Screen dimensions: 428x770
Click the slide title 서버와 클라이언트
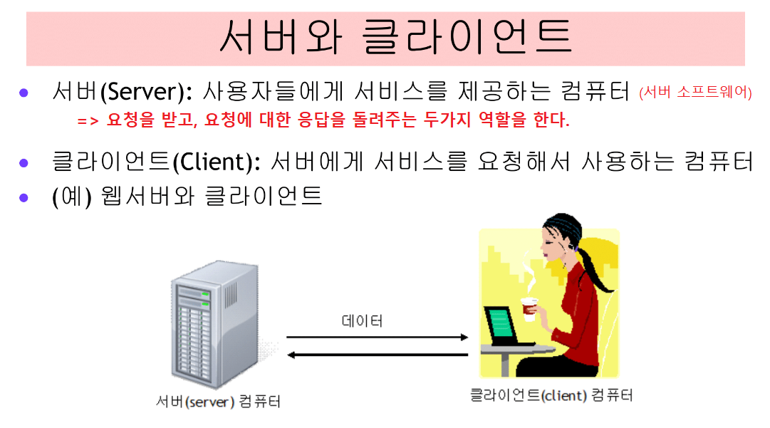(395, 38)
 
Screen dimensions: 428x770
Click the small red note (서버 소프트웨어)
(695, 93)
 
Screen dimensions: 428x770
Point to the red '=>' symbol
(87, 120)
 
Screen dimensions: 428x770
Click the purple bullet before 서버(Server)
(24, 93)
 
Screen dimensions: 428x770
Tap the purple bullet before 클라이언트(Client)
(24, 162)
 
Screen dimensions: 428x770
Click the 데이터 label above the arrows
(363, 322)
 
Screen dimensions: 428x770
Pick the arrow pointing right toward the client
(377, 337)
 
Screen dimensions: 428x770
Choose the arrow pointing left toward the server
(377, 354)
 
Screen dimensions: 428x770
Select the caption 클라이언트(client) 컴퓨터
(551, 395)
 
